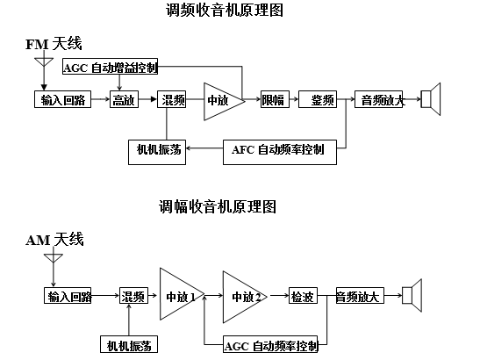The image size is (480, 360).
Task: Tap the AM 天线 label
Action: click(x=54, y=239)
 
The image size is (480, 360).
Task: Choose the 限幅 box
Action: click(x=273, y=100)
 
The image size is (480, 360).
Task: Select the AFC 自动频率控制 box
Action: click(x=278, y=149)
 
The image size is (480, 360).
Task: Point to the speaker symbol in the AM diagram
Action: click(x=411, y=296)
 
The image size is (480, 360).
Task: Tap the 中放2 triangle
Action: click(x=244, y=297)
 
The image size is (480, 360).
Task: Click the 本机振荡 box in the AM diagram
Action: click(x=127, y=342)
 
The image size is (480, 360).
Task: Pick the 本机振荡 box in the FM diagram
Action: click(x=154, y=148)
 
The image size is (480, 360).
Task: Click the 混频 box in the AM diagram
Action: click(x=133, y=297)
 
